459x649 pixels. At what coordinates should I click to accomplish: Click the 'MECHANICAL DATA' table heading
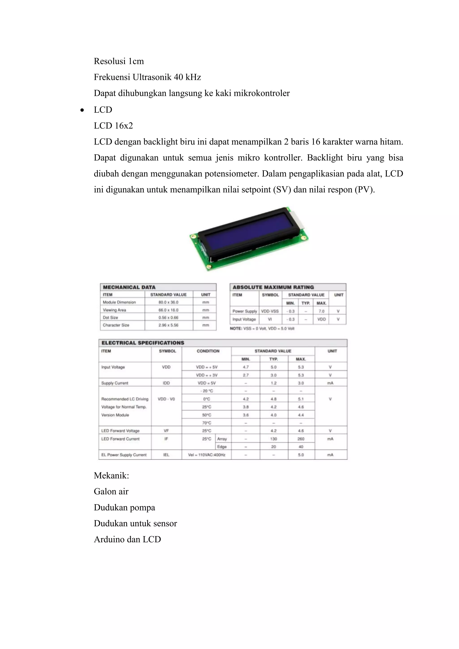tap(129, 287)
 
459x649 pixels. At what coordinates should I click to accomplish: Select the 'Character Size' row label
tap(116, 325)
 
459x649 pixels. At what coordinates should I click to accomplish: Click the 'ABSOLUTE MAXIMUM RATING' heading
tap(273, 287)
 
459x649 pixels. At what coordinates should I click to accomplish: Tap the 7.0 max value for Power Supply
tap(321, 311)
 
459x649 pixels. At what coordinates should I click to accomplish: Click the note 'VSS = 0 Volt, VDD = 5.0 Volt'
tap(262, 329)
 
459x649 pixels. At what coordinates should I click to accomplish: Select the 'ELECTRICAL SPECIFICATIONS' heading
tap(143, 343)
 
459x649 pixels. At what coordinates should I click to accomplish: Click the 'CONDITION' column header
tap(208, 351)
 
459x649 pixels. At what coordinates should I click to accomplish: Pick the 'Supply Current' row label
tap(115, 383)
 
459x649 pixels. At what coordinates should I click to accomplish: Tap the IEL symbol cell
tap(166, 455)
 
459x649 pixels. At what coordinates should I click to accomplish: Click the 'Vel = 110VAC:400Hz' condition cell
tap(207, 455)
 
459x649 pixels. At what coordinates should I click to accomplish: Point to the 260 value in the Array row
tap(301, 439)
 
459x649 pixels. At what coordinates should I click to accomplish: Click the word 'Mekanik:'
tap(111, 476)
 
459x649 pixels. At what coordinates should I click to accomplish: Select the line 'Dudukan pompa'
tap(124, 508)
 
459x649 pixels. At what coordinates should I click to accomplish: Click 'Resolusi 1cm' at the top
tap(119, 61)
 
